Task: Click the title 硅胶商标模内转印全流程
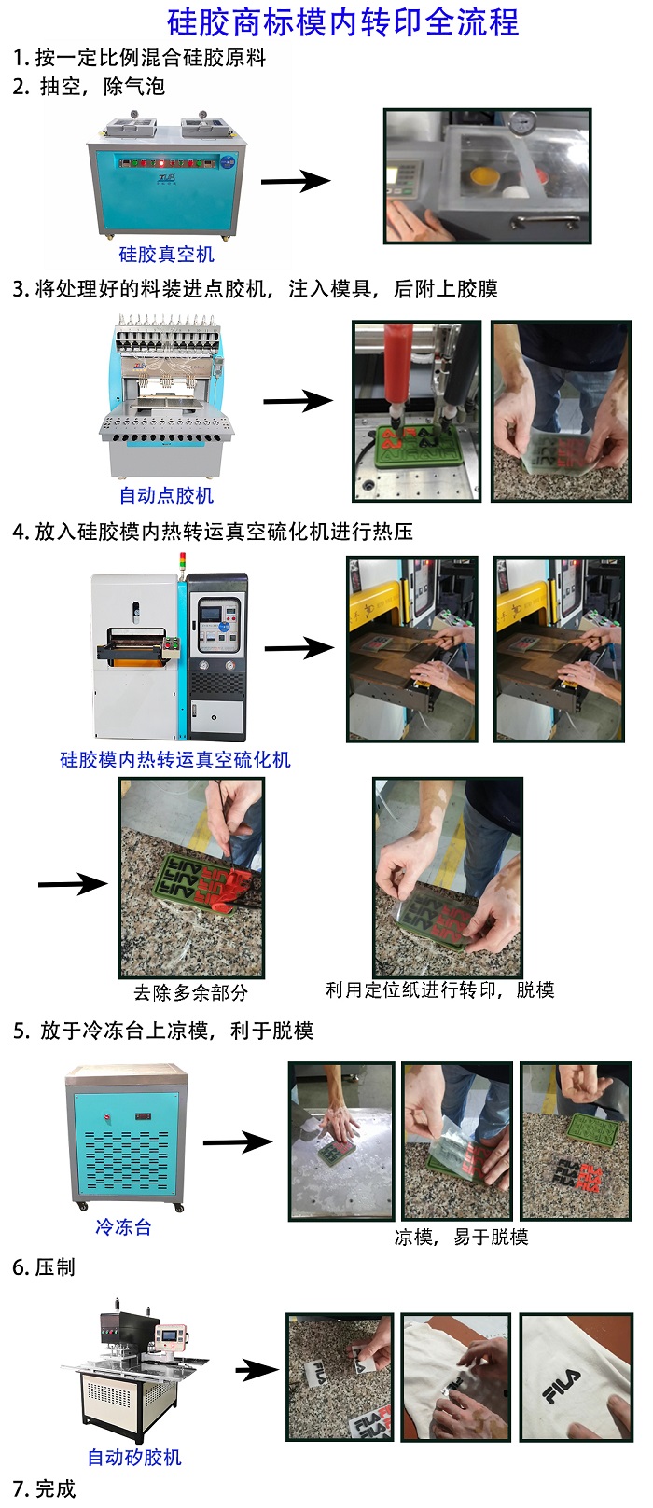click(x=342, y=22)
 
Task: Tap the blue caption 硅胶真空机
click(x=166, y=255)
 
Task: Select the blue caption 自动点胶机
click(x=166, y=495)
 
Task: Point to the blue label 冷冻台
click(x=123, y=1226)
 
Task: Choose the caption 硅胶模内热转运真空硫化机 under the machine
click(x=175, y=759)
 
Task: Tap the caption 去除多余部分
click(x=190, y=992)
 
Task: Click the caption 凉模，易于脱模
click(x=461, y=1237)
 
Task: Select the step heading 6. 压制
click(x=44, y=1267)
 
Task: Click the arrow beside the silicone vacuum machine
click(x=296, y=180)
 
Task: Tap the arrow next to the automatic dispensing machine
click(x=298, y=401)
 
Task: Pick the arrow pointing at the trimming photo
click(x=73, y=884)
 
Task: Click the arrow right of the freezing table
click(x=238, y=1141)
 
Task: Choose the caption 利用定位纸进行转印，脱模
click(x=439, y=989)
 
